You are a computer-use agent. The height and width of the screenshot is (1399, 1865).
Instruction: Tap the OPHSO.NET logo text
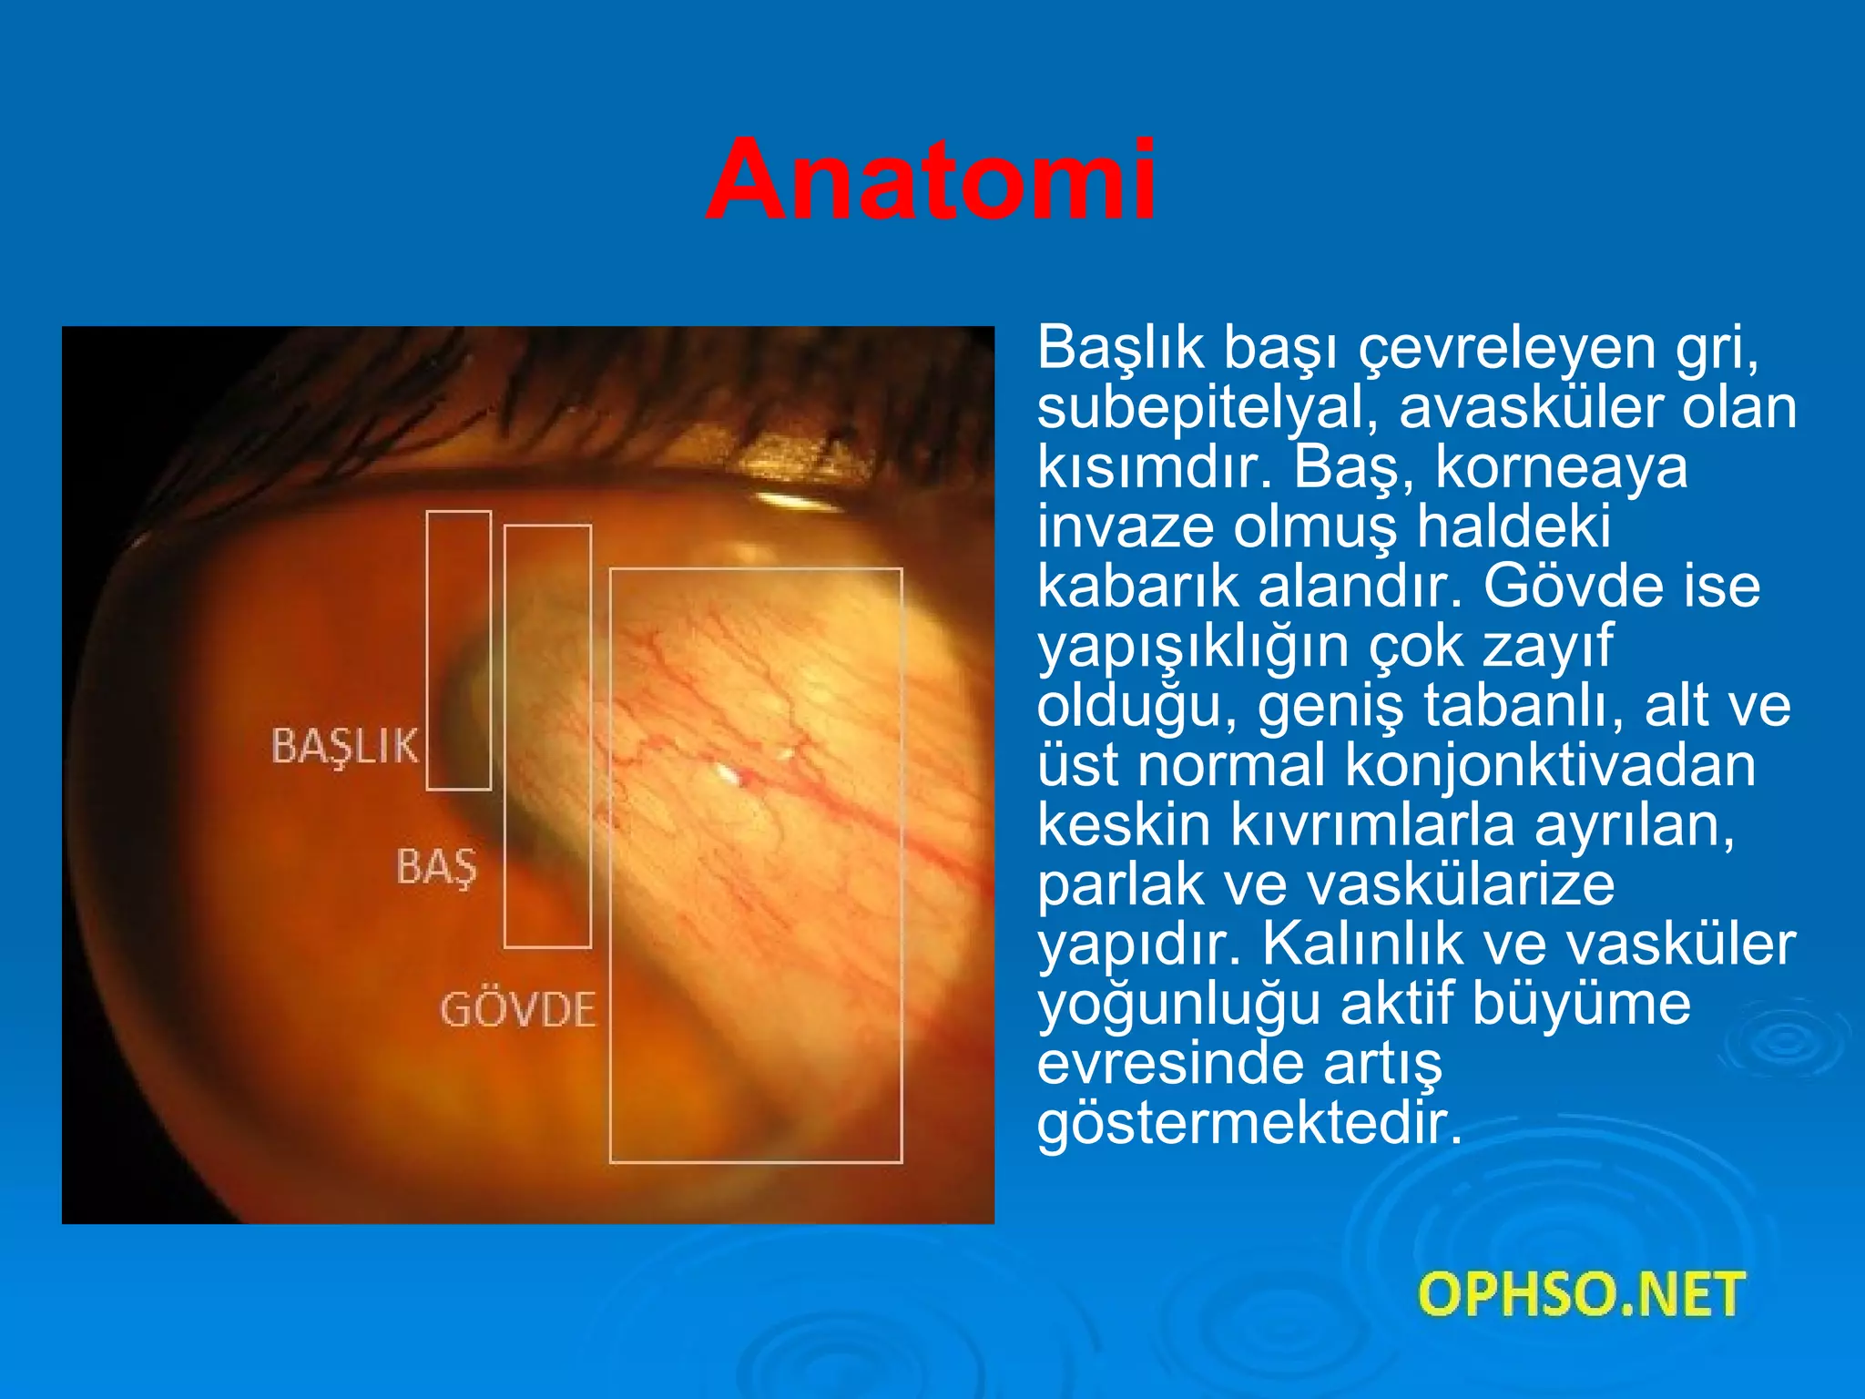tap(1581, 1294)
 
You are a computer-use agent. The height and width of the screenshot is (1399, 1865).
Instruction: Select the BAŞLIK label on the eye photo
tap(345, 746)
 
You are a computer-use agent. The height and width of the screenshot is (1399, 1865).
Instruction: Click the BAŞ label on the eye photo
tap(436, 866)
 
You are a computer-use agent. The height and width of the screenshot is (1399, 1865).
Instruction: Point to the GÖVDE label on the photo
tap(518, 1010)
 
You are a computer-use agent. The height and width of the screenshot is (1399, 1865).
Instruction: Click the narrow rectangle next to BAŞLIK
tap(459, 650)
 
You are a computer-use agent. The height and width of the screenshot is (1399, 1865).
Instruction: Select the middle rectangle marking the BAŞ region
tap(547, 736)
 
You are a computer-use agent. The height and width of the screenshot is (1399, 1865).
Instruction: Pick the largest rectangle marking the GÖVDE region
tap(756, 865)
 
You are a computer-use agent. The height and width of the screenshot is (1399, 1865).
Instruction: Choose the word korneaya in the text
tap(1561, 467)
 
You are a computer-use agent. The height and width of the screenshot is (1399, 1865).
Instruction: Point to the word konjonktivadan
tap(1550, 765)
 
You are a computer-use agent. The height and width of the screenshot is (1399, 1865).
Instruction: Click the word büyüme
tap(1581, 1004)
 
